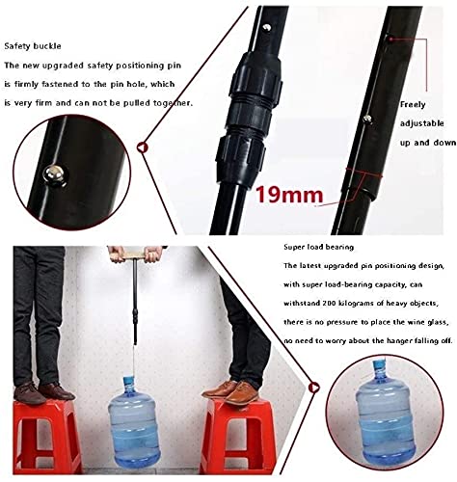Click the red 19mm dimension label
coord(289,195)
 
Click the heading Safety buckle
coord(33,46)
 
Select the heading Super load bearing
coord(318,247)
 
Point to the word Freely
coord(413,105)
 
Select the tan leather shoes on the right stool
coord(232,392)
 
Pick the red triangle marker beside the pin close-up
coord(142,147)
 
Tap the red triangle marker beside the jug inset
coord(313,388)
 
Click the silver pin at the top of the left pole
coord(266,28)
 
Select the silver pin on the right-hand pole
coord(367,120)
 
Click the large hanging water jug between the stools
coord(134,423)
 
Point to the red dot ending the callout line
coord(391,39)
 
